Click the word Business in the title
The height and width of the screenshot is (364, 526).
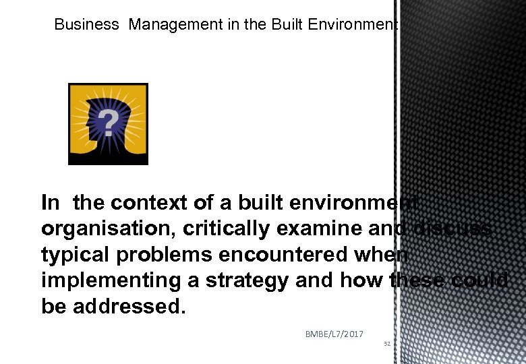click(x=86, y=25)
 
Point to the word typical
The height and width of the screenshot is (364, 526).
click(x=71, y=255)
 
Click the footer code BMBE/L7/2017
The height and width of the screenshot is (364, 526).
click(x=334, y=334)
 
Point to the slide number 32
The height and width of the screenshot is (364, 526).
click(x=387, y=344)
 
